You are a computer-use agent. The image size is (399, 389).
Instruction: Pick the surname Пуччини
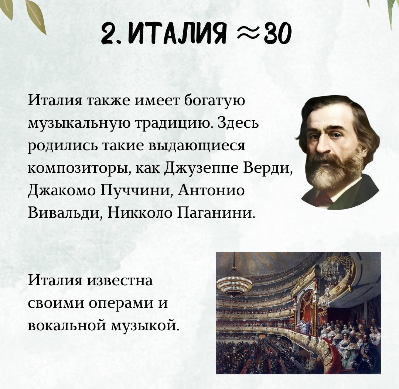pyautogui.click(x=134, y=191)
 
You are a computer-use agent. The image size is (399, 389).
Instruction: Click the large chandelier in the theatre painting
pyautogui.click(x=234, y=284)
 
